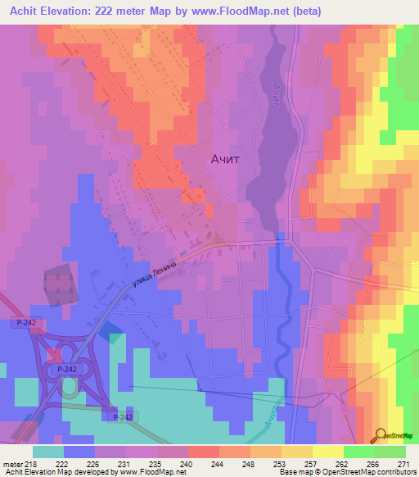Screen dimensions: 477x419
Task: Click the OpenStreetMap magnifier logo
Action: coord(382,434)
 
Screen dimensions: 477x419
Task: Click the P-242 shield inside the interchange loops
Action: coord(68,370)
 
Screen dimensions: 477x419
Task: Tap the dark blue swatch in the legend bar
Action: coord(79,452)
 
